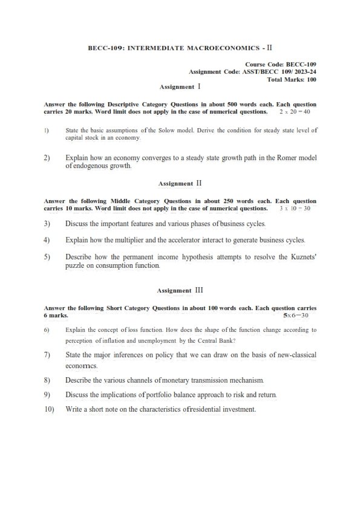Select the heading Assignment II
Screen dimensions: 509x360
(x=180, y=183)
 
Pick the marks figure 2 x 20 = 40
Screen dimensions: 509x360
(x=295, y=112)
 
